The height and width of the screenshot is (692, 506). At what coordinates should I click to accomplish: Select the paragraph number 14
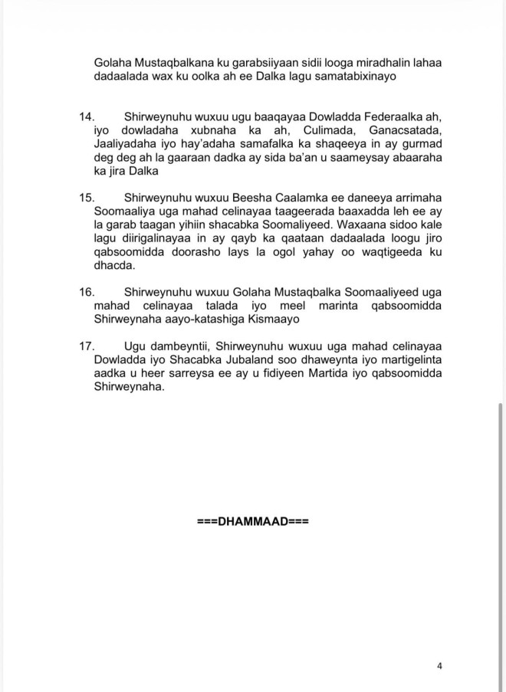click(87, 116)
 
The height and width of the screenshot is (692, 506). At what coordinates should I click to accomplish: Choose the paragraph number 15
click(87, 197)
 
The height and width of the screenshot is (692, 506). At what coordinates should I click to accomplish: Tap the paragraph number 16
click(87, 292)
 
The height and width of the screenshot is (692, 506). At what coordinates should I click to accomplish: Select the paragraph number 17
click(87, 346)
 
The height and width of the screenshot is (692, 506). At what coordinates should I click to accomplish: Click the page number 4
click(439, 666)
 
